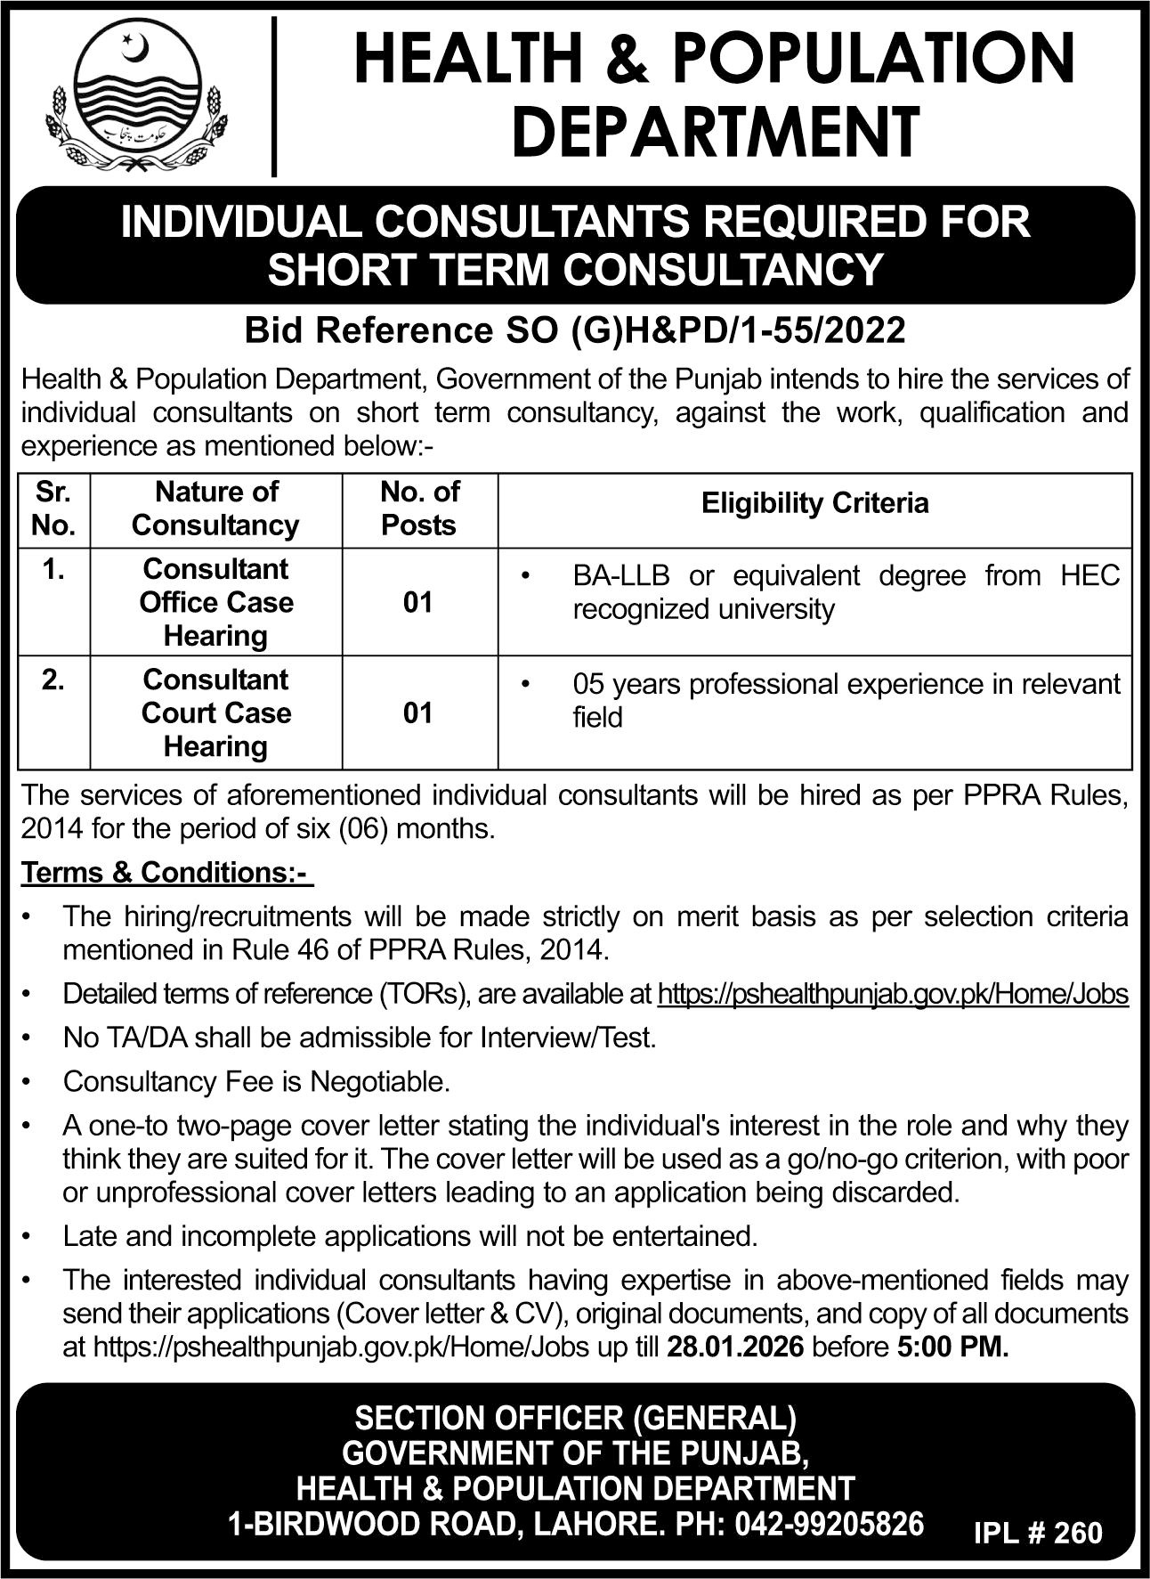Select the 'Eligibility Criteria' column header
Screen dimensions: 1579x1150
(814, 504)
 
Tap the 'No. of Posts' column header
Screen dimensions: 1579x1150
(419, 509)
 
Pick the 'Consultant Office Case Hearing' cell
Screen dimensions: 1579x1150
(216, 603)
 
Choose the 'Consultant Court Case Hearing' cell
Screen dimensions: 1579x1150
(216, 713)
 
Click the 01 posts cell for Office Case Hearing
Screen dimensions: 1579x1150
(418, 604)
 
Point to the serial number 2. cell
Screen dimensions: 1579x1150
(53, 680)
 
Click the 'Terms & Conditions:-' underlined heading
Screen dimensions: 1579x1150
(167, 873)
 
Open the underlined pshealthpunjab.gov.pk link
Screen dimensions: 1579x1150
(893, 994)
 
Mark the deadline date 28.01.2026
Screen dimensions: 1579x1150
(735, 1347)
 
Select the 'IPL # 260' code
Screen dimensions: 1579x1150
(1038, 1533)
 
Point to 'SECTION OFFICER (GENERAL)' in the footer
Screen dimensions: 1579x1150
(575, 1417)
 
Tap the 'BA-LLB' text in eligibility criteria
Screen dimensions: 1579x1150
(623, 576)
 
